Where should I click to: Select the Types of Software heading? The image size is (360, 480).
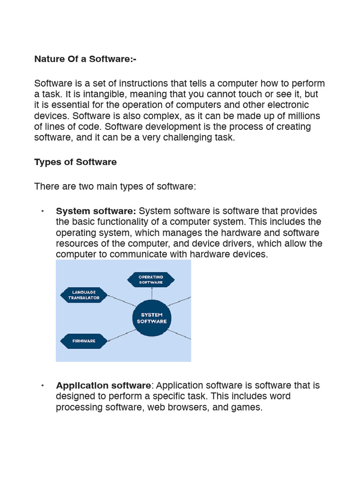click(75, 162)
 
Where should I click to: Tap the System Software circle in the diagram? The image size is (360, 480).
click(151, 318)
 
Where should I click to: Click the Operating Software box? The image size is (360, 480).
click(151, 280)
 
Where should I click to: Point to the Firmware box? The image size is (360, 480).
click(84, 341)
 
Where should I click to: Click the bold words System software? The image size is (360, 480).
click(96, 211)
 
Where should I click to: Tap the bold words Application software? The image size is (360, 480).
click(104, 385)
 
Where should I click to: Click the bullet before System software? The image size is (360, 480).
click(42, 211)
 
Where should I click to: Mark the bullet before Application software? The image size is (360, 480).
click(42, 385)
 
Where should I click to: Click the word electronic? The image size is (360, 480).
click(287, 105)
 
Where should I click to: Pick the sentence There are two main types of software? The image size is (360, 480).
click(115, 187)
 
